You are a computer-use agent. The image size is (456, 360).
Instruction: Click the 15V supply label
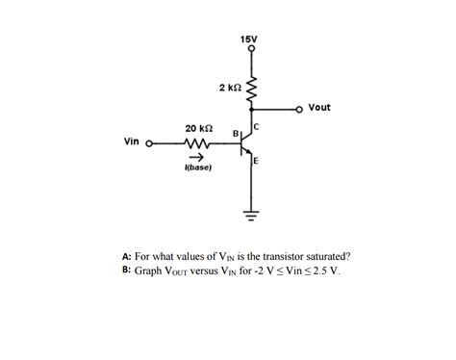tap(248, 39)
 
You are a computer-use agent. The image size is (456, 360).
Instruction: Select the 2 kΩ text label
tap(230, 88)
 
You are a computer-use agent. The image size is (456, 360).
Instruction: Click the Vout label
tap(319, 108)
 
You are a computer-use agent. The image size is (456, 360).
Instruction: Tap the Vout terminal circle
tap(299, 109)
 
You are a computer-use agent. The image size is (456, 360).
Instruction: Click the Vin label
tap(133, 141)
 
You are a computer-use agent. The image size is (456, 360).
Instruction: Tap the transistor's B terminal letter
tap(235, 133)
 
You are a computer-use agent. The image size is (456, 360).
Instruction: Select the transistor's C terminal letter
tap(257, 126)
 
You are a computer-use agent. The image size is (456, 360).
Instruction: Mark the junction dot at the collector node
tap(252, 109)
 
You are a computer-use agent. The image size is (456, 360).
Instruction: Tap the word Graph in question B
tap(149, 270)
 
